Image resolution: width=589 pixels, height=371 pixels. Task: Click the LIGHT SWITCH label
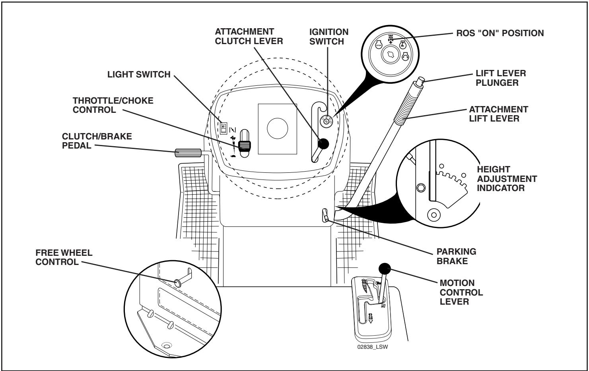tap(139, 75)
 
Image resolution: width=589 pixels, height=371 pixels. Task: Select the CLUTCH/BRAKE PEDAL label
tap(97, 141)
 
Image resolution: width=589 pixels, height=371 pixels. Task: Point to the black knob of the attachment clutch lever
tap(324, 144)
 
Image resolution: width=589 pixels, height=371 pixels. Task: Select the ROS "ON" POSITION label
tap(500, 33)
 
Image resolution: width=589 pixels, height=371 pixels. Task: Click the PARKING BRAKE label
tap(456, 256)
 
